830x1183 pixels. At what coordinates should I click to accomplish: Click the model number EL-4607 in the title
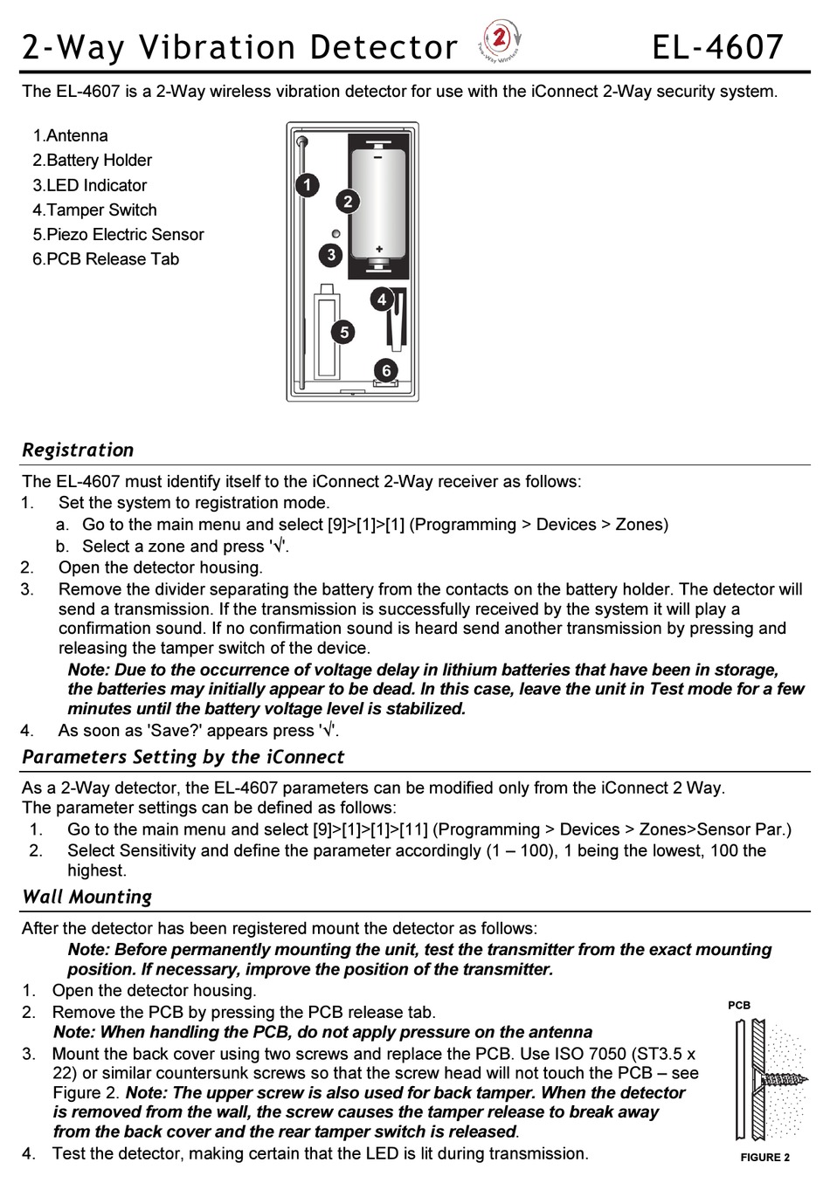point(717,46)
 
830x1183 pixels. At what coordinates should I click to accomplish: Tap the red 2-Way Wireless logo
point(501,41)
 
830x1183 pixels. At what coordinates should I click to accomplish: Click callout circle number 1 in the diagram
point(306,184)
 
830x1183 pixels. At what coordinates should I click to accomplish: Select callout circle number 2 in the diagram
point(348,202)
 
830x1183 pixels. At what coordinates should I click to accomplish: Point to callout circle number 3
point(331,255)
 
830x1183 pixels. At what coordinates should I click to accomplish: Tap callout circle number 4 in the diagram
point(382,300)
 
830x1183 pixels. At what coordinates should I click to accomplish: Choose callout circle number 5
point(344,332)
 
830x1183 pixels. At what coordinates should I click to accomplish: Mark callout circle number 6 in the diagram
point(386,370)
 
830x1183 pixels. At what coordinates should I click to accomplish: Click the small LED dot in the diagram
point(335,234)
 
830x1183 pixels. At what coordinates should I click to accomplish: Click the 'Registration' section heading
point(78,450)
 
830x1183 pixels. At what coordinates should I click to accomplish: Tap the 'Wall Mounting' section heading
point(86,897)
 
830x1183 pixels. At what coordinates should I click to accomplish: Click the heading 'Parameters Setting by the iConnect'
point(183,757)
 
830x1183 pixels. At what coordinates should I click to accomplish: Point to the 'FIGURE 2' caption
point(764,1158)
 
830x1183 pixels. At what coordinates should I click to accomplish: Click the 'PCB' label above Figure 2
point(739,1005)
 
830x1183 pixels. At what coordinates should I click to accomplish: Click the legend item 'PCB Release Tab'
point(112,258)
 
